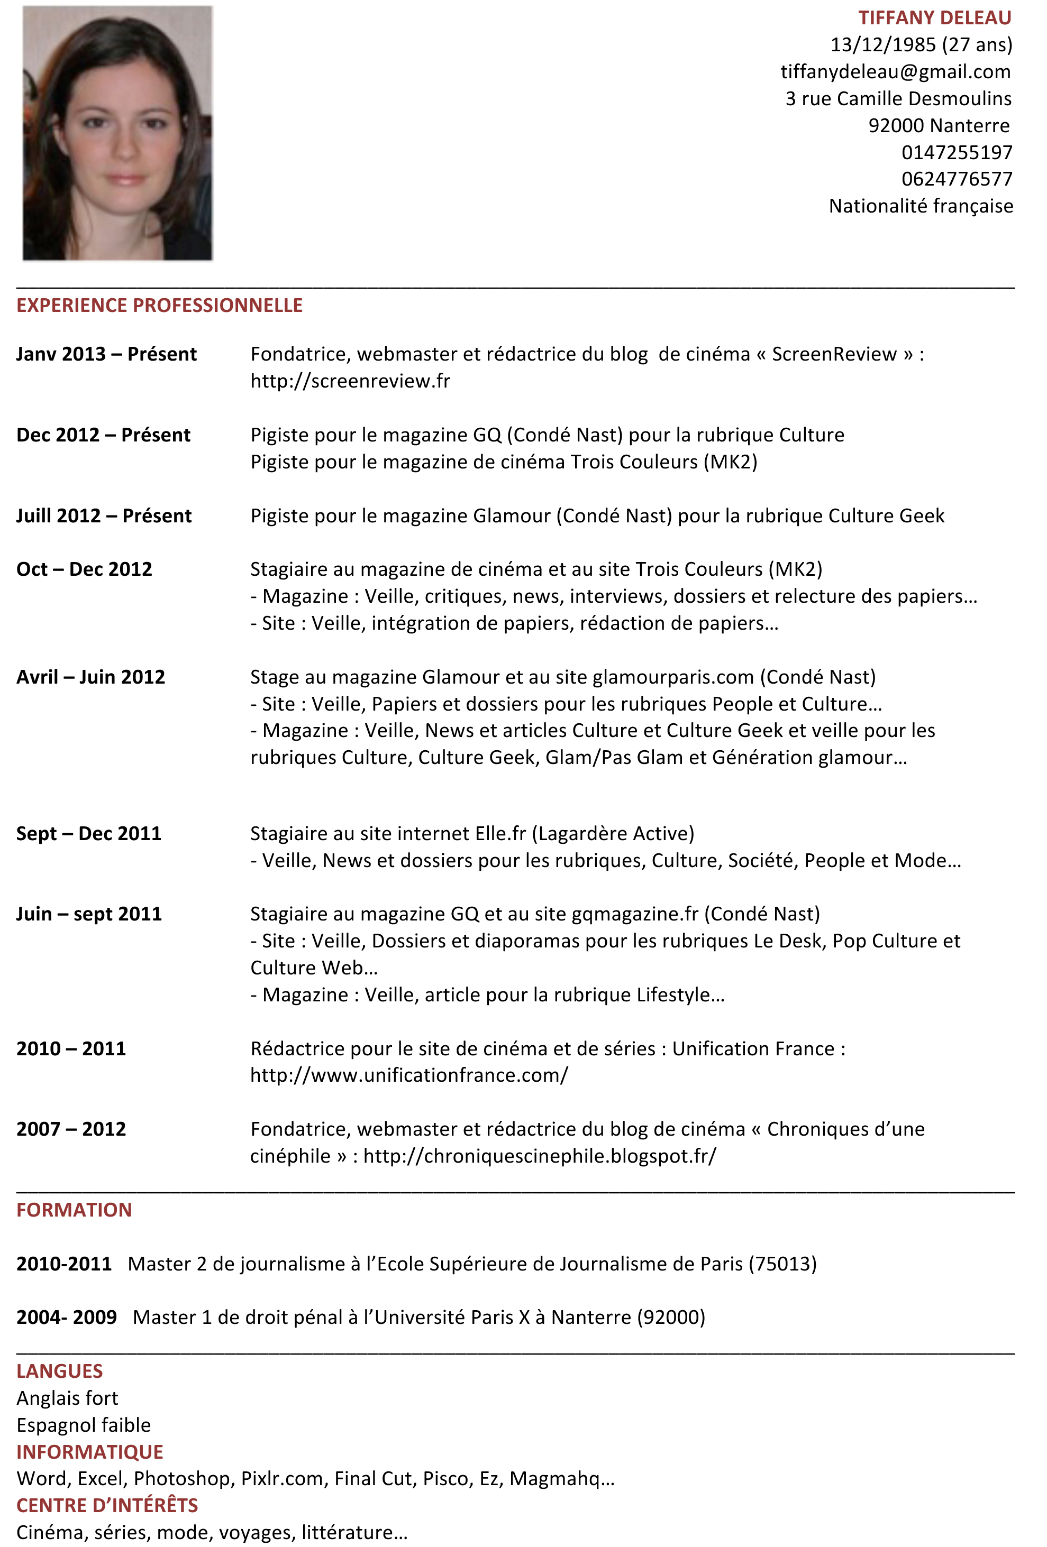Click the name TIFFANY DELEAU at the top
[x=934, y=18]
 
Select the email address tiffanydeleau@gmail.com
[x=895, y=72]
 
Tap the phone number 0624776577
[x=957, y=179]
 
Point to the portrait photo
[x=117, y=133]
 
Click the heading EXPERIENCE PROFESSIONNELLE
[x=159, y=306]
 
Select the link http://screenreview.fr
[x=350, y=381]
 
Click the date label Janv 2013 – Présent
[x=106, y=354]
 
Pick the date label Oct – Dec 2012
[x=85, y=569]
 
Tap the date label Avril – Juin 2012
[x=90, y=677]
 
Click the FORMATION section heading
[x=74, y=1210]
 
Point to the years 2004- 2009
[x=67, y=1318]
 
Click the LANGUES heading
[x=60, y=1371]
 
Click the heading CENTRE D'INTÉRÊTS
[x=107, y=1506]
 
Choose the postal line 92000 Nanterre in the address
[x=939, y=126]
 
